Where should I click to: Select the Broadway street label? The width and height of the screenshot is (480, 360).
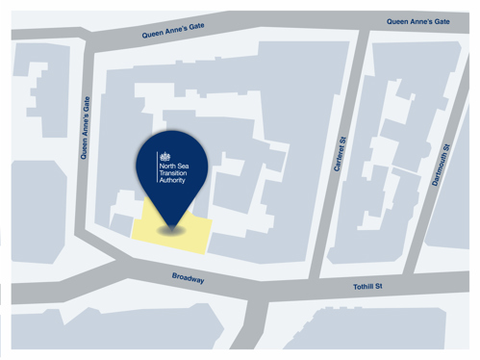point(188,278)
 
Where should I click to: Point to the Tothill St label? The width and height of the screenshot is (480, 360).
point(367,286)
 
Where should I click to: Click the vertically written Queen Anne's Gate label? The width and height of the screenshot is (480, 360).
point(85,125)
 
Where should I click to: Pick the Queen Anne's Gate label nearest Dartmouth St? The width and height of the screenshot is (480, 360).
point(418,21)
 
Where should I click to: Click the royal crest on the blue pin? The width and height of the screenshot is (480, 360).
point(164,155)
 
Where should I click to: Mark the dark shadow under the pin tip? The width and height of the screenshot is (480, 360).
point(171,229)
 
